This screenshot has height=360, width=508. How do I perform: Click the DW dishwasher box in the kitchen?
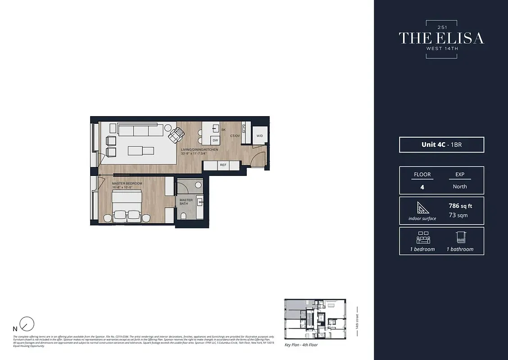[x=215, y=140]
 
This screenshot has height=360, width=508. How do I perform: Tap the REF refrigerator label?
[x=223, y=165]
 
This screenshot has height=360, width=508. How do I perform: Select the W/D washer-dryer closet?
[x=260, y=135]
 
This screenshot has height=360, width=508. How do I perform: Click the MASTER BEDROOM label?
[x=127, y=184]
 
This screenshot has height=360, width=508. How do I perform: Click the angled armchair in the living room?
[x=176, y=134]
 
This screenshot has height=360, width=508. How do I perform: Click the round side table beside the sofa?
[x=168, y=127]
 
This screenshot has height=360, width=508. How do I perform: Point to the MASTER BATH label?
[x=186, y=202]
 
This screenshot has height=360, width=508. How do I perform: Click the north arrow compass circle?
[x=27, y=324]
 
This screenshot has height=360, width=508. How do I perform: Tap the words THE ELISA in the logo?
[x=441, y=38]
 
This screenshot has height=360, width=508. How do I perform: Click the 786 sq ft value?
[x=460, y=206]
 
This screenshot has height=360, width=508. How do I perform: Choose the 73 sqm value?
[x=458, y=215]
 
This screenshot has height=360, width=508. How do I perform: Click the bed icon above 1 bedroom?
[x=422, y=237]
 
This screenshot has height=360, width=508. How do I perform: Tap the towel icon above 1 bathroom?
[x=460, y=237]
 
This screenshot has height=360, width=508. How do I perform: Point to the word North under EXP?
[x=460, y=186]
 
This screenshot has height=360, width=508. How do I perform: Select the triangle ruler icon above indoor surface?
[x=422, y=208]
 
